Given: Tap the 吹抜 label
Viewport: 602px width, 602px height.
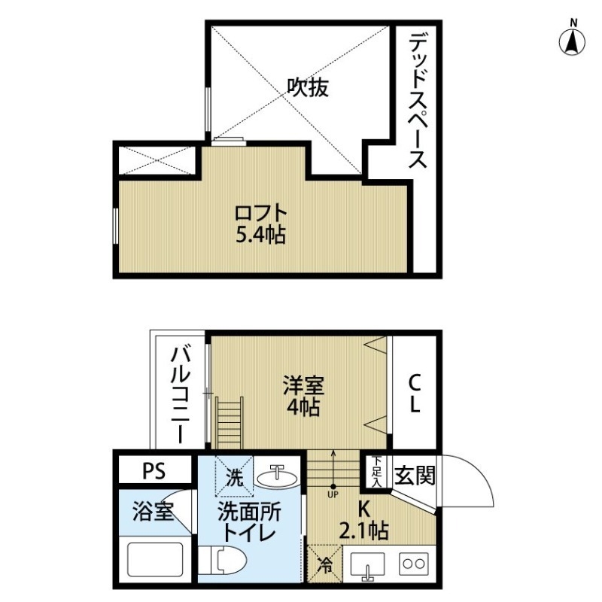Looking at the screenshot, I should [x=307, y=89].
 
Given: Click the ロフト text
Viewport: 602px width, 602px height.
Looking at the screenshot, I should [x=260, y=211].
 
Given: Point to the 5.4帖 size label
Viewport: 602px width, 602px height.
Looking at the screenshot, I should [x=260, y=235].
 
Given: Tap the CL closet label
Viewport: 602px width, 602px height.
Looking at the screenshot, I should [x=415, y=394].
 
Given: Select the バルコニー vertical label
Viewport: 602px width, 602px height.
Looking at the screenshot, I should [x=180, y=392].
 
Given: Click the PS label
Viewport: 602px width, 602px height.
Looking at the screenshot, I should [x=155, y=471].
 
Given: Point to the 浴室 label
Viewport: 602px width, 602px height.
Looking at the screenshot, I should [x=154, y=513].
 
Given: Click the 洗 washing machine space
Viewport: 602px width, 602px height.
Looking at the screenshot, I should [x=235, y=476].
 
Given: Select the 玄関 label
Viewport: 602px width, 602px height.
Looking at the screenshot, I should [x=414, y=476].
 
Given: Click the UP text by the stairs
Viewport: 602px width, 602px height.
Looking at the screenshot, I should [x=333, y=495].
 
